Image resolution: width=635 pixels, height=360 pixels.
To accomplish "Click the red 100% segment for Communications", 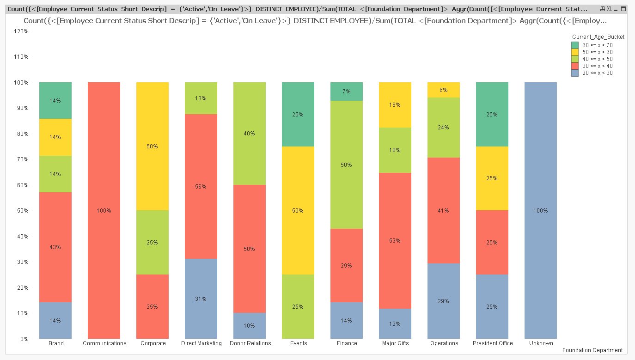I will click(104, 210).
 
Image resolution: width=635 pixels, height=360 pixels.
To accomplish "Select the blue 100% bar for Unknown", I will click(541, 210).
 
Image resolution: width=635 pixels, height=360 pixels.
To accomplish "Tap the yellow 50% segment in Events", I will click(298, 210).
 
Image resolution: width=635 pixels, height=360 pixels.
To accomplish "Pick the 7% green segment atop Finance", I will click(347, 92).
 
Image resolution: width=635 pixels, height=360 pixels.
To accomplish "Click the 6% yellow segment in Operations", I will click(444, 90).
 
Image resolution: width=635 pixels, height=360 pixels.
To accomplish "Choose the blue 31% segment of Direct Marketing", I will click(201, 299).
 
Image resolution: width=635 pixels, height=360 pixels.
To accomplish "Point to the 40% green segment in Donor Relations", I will click(250, 134).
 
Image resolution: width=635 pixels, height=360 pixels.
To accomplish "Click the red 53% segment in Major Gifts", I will click(395, 240).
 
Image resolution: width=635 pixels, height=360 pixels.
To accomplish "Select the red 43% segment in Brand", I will click(55, 247).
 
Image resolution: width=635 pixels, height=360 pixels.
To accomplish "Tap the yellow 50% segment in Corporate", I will click(153, 146).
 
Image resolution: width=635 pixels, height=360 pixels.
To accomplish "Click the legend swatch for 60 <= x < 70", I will click(575, 45).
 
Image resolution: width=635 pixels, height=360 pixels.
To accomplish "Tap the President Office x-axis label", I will click(493, 343).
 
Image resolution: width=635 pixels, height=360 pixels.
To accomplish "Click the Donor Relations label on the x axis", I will click(250, 343).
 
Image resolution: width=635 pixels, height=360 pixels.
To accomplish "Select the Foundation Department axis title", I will click(592, 350).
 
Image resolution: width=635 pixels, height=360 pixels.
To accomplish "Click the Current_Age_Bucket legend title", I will click(598, 37).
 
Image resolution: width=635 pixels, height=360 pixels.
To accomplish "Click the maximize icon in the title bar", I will click(623, 9).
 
